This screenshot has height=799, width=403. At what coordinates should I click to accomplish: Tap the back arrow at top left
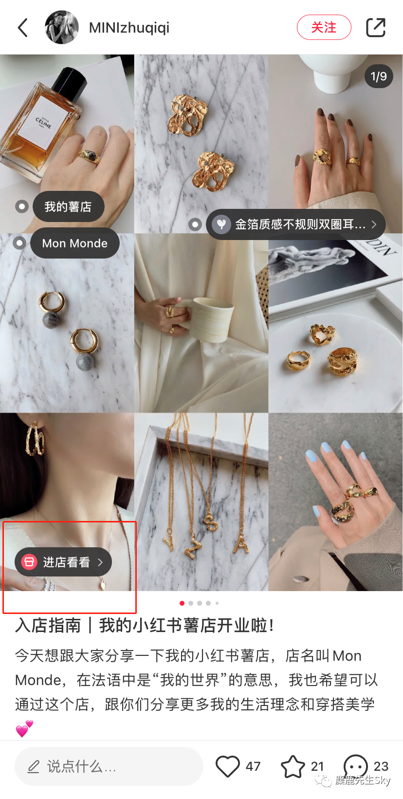coord(23,27)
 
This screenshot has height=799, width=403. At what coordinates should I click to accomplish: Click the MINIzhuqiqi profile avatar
coord(61,27)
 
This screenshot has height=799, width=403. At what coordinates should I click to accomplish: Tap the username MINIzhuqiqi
coord(129,28)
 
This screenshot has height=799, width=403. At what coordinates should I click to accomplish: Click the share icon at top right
coord(376,27)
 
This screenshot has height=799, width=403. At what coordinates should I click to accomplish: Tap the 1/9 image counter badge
coord(378,76)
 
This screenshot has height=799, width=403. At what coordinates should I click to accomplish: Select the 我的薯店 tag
coord(68,206)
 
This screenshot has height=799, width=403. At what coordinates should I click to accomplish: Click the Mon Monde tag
coord(75,243)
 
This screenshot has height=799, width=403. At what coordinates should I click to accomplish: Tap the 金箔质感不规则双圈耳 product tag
coord(295,224)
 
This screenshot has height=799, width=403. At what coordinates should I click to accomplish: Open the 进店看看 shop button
coord(63,562)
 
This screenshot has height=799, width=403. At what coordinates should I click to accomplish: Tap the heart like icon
coord(227,766)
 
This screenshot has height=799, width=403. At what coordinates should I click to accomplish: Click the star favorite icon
coord(293,766)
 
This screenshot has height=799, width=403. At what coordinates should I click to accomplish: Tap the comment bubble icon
coord(356,766)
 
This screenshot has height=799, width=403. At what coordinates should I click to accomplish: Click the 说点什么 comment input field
coord(109,766)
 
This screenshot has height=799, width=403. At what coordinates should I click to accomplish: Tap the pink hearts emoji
coord(25,728)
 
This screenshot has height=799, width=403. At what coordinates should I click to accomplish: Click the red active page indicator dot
coord(182,603)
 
